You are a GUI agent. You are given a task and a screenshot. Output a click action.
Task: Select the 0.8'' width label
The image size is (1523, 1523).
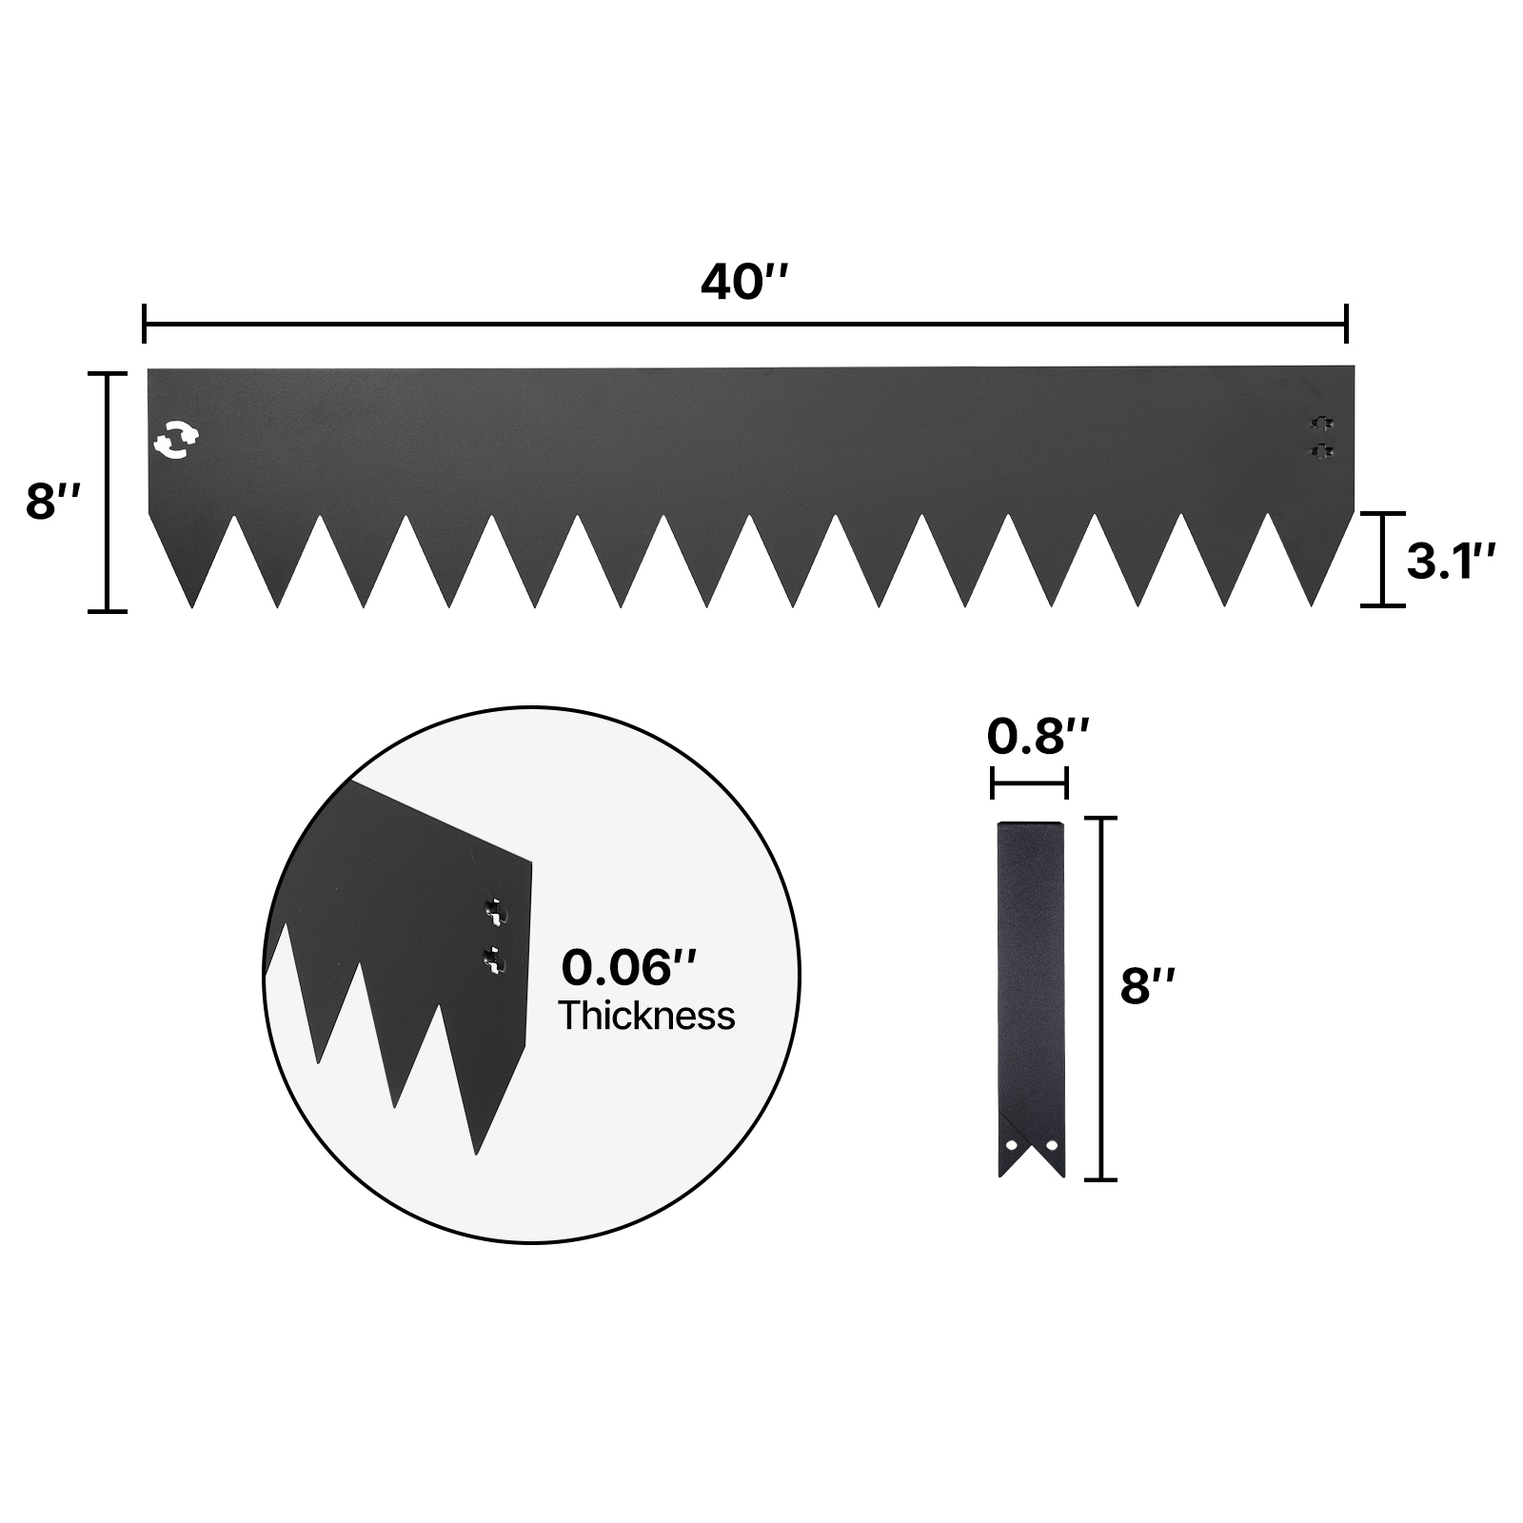[1037, 735]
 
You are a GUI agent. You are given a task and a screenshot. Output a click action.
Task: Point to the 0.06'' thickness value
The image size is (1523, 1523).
[629, 967]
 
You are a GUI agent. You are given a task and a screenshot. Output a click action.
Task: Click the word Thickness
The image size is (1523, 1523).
[646, 1016]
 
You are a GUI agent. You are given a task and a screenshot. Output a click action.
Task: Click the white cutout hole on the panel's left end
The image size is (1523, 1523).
[176, 440]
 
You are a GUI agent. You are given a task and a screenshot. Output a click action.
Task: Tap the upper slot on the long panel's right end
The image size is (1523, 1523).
[1320, 423]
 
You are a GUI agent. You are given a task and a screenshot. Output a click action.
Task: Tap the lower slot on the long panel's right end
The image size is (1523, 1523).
[1320, 449]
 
